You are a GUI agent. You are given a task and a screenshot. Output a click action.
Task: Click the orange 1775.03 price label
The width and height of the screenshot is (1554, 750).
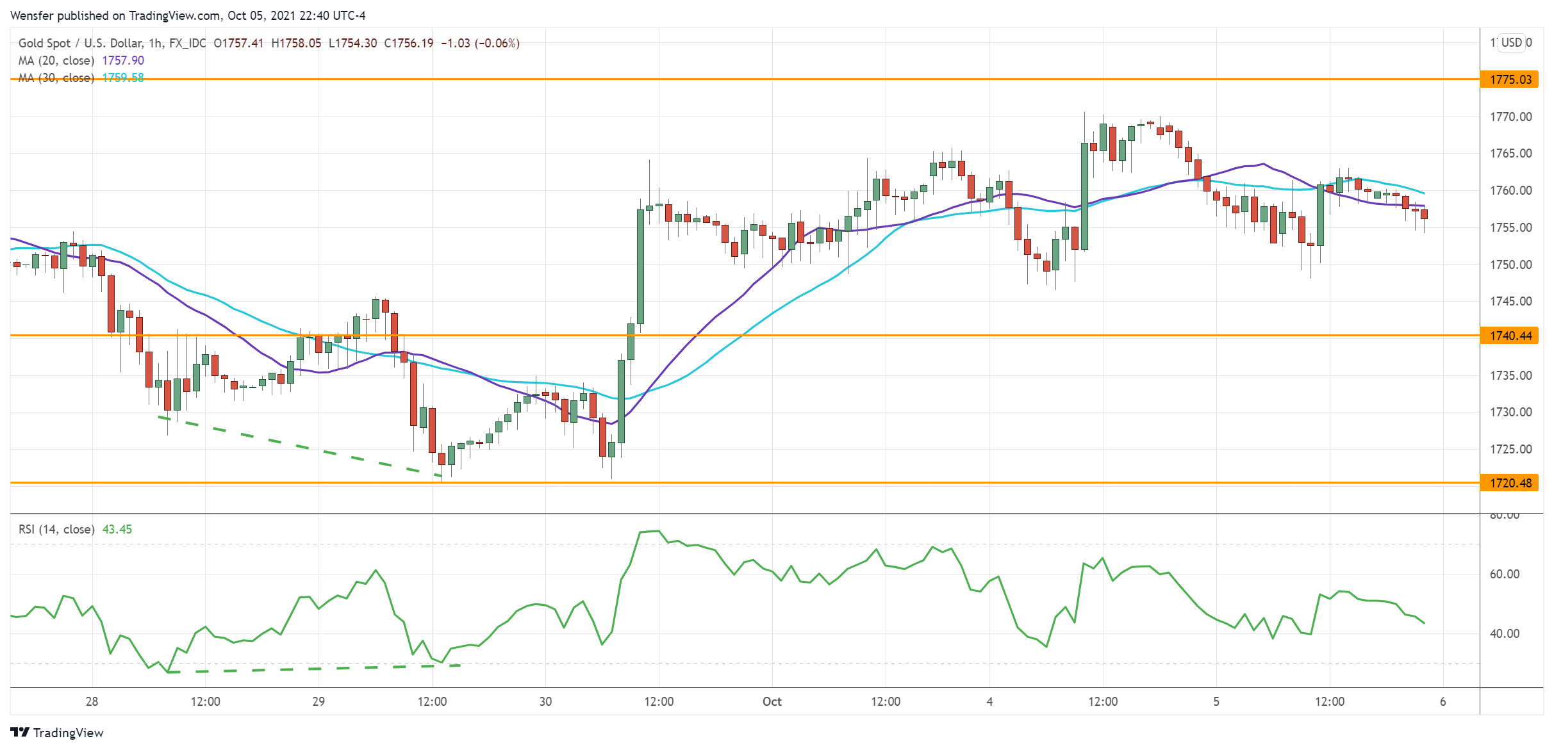click(x=1510, y=79)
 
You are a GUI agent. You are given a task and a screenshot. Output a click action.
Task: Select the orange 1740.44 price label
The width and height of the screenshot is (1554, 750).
click(x=1510, y=336)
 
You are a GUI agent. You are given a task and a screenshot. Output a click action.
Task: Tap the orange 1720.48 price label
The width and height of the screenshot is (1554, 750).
click(x=1510, y=483)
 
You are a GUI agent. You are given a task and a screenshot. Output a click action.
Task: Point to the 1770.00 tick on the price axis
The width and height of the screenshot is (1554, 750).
click(x=1510, y=117)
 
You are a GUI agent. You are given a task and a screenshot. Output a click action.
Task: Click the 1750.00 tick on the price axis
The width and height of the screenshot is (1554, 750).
click(x=1510, y=265)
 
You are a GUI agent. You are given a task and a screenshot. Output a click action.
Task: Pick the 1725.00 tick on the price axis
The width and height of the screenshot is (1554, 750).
click(x=1510, y=449)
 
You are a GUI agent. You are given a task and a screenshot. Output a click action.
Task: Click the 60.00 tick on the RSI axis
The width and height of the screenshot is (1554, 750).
click(x=1504, y=574)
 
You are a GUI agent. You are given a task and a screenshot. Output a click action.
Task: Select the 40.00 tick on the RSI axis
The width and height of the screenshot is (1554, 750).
click(x=1504, y=633)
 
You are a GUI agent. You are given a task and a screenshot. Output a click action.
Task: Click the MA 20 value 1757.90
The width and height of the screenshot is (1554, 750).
click(x=123, y=60)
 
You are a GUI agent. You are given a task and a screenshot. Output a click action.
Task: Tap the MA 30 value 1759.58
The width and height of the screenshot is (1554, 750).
click(x=123, y=77)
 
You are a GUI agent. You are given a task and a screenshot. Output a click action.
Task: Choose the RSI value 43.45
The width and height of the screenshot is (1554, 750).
click(x=117, y=529)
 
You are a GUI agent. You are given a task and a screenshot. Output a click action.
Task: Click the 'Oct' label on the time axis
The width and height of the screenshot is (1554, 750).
click(x=772, y=701)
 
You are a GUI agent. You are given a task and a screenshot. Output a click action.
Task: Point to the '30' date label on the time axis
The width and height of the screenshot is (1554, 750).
click(x=545, y=701)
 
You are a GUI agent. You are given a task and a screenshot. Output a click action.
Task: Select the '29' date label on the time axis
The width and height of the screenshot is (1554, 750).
click(x=318, y=701)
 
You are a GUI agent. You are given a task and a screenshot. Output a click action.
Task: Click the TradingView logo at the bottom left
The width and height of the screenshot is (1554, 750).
click(x=57, y=733)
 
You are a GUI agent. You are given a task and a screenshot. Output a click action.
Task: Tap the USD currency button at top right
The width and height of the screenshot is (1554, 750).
click(x=1512, y=42)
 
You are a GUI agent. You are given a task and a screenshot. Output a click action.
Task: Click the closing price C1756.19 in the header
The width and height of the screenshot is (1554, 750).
click(x=409, y=43)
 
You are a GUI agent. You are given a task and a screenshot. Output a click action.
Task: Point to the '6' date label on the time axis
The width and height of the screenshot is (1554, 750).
click(x=1443, y=701)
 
